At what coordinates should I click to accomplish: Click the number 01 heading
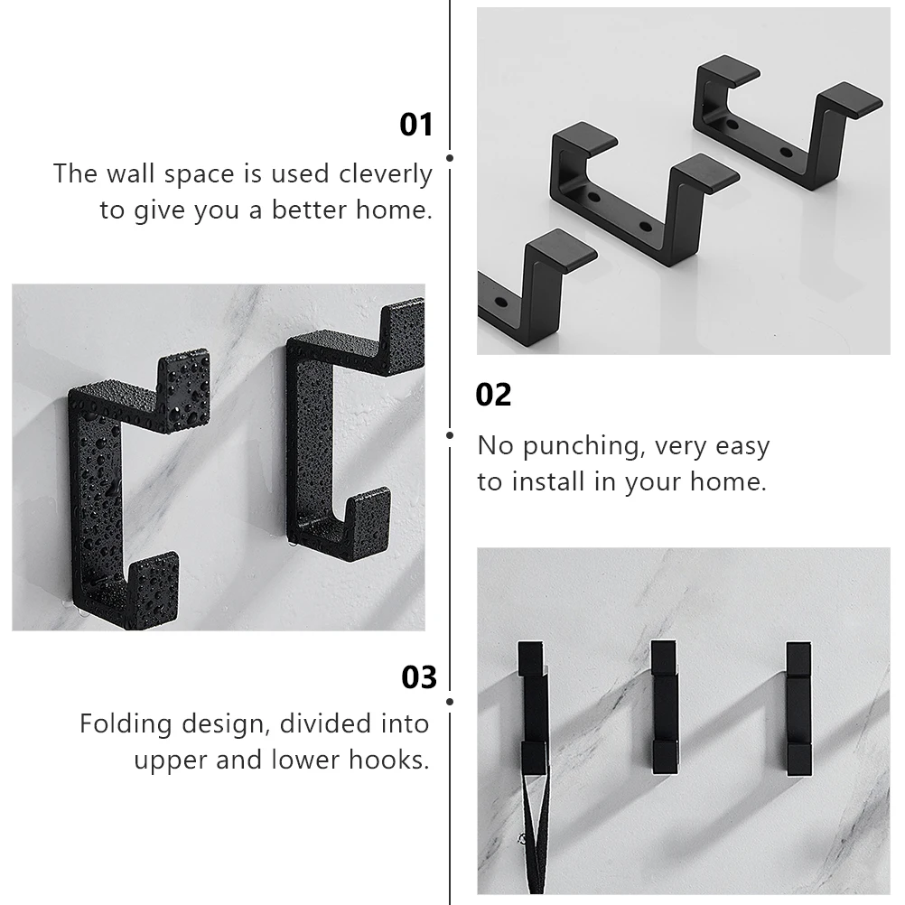[416, 125]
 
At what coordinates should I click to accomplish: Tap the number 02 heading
[493, 395]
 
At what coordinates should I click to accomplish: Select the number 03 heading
[418, 676]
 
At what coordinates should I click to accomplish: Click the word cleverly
[386, 173]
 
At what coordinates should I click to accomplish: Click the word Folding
[125, 723]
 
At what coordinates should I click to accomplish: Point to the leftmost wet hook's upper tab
[184, 379]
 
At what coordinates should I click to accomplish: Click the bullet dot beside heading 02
[450, 434]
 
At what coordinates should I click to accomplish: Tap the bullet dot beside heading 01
[450, 158]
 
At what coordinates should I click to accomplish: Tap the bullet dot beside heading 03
[450, 701]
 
